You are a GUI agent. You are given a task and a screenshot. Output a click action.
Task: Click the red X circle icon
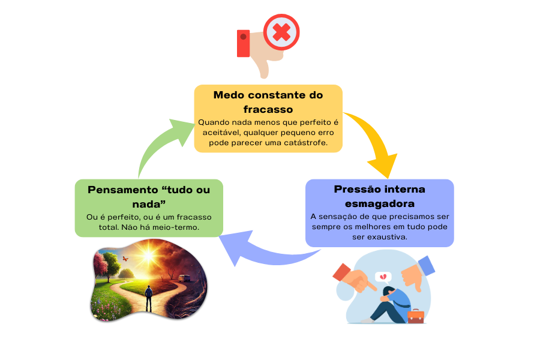click(x=281, y=32)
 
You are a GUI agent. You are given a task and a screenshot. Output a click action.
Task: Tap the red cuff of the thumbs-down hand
click(x=243, y=43)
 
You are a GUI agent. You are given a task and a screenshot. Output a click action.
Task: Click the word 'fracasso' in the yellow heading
click(x=268, y=109)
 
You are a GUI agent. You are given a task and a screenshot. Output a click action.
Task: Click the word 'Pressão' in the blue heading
click(x=358, y=189)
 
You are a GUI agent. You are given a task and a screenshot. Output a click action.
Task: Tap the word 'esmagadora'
click(x=379, y=203)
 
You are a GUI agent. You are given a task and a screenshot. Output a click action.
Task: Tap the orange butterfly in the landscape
click(x=125, y=259)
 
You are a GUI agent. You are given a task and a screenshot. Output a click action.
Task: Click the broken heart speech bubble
click(x=382, y=277)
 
